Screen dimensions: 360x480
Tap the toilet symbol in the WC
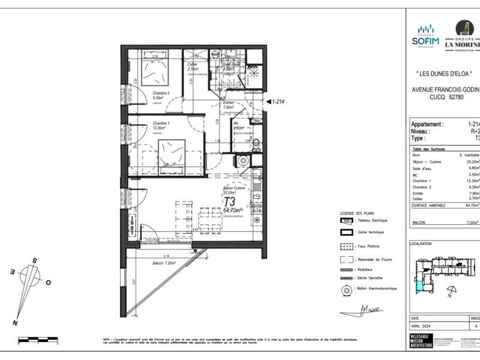click(256, 143)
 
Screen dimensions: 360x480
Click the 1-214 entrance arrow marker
click(275, 102)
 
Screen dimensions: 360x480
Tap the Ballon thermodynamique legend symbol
click(346, 289)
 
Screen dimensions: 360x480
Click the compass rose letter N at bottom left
click(14, 323)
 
